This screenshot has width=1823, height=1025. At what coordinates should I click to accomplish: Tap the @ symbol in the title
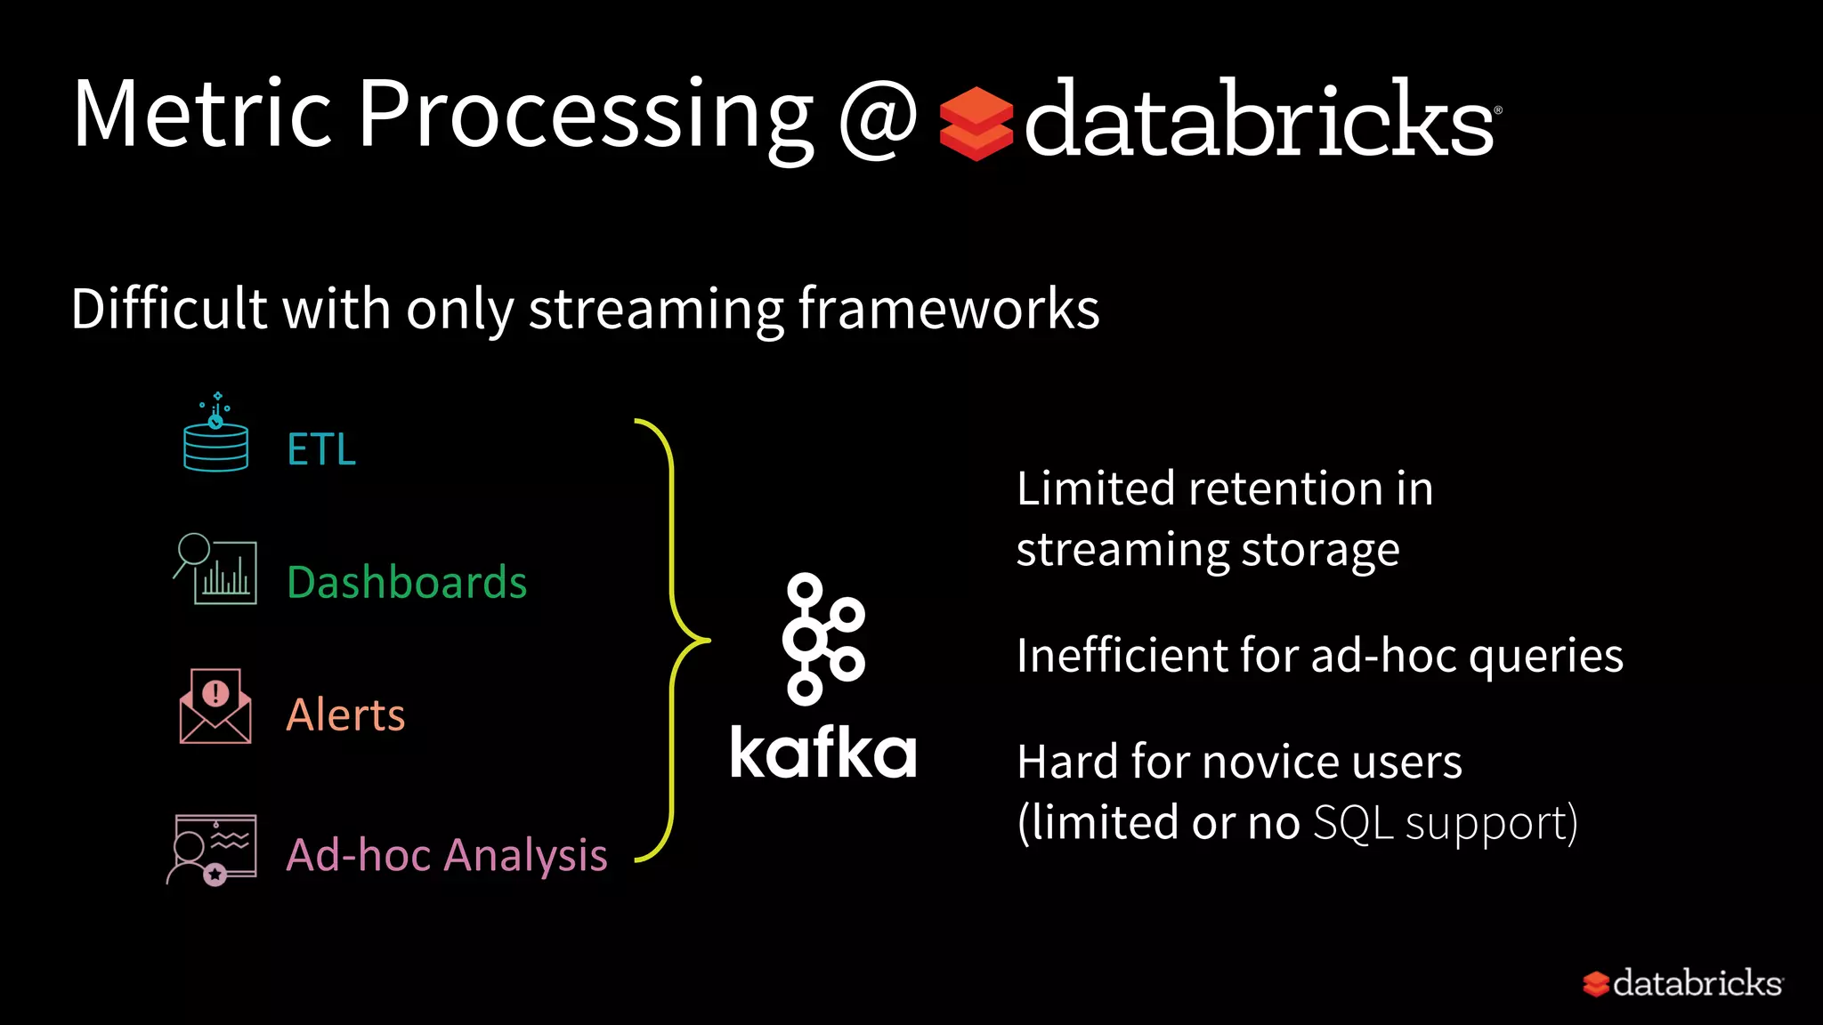pos(877,118)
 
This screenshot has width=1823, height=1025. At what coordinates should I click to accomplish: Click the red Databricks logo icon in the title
pos(976,124)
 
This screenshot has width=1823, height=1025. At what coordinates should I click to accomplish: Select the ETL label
pos(321,449)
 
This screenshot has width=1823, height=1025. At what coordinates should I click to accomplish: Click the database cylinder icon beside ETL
pos(215,438)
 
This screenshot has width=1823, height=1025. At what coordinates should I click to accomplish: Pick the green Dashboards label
pos(407,583)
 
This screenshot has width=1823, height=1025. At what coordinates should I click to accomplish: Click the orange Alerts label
pos(345,714)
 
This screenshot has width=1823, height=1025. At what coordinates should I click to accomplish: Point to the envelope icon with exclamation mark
pos(215,707)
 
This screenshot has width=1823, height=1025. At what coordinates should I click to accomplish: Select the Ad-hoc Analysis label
pos(447,855)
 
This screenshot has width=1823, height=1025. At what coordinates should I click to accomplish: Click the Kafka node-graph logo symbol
pos(822,639)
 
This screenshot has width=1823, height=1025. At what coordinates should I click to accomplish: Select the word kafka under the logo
pos(822,753)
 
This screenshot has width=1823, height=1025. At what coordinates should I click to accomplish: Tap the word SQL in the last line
pos(1352,823)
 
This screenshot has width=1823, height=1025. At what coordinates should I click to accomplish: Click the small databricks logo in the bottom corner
pos(1682,983)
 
